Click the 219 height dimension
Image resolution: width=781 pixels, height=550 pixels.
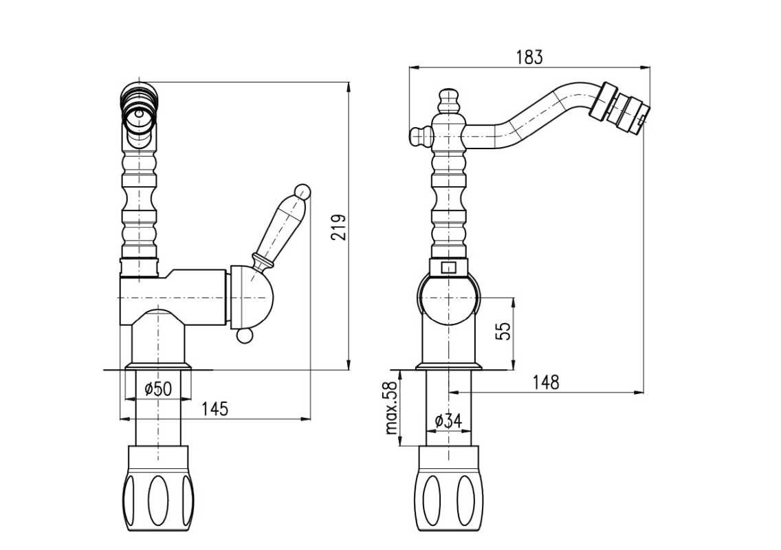click(x=339, y=227)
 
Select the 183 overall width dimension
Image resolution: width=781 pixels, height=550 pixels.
click(x=529, y=57)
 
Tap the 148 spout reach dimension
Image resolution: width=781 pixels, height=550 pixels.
click(x=546, y=383)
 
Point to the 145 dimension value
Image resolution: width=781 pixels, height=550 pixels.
click(x=215, y=409)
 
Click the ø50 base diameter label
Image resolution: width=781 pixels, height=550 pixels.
click(x=158, y=388)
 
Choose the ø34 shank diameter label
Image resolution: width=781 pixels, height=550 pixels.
click(x=448, y=421)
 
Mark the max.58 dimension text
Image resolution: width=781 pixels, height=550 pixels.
click(x=393, y=408)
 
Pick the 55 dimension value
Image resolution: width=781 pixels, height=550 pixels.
click(x=504, y=331)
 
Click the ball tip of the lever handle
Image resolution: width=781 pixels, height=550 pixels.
click(x=303, y=191)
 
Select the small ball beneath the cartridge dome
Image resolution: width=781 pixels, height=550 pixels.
click(x=244, y=338)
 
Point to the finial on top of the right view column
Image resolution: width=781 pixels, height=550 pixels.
click(x=448, y=102)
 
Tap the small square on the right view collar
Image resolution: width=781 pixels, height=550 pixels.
click(x=449, y=268)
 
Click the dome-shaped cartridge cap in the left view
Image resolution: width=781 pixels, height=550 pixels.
click(x=252, y=298)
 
